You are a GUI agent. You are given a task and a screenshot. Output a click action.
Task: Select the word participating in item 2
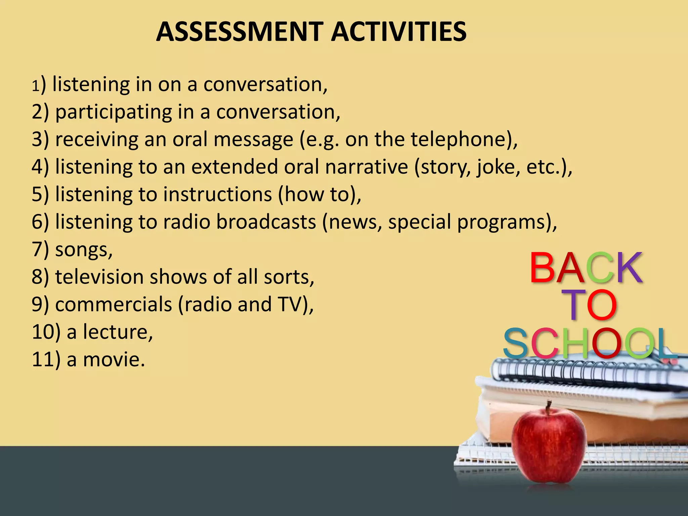click(114, 112)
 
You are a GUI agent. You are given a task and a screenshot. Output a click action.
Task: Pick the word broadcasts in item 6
click(266, 222)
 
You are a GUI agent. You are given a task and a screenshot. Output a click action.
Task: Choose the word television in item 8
click(99, 277)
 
